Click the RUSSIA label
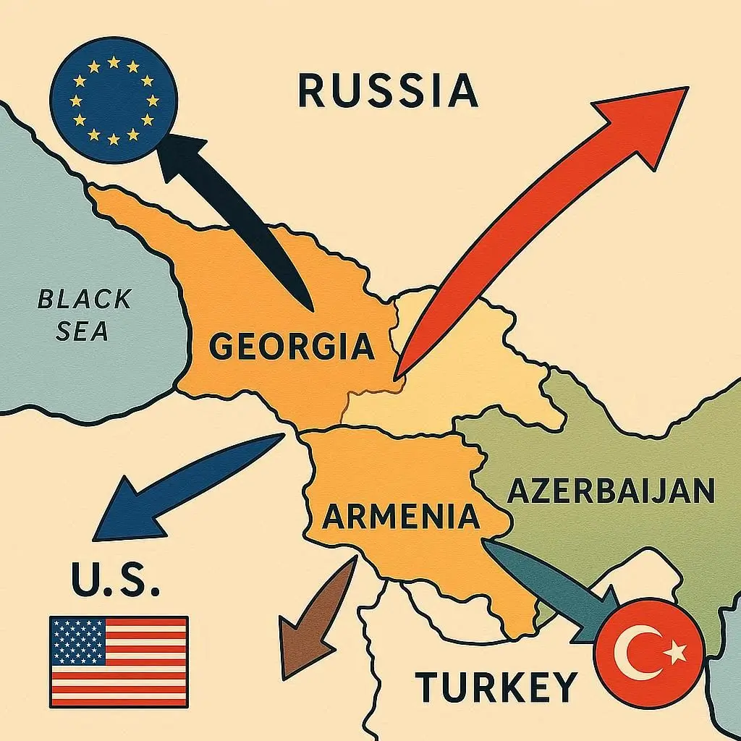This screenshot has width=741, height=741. pyautogui.click(x=388, y=92)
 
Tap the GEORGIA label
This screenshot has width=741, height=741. pyautogui.click(x=292, y=347)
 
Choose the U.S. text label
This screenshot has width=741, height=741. pyautogui.click(x=115, y=580)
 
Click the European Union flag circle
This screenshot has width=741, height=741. pyautogui.click(x=114, y=99)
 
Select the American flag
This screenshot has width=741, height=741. pyautogui.click(x=119, y=661)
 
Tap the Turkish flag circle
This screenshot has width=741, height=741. pyautogui.click(x=649, y=655)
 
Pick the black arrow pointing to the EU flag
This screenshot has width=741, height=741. pyautogui.click(x=239, y=217)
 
